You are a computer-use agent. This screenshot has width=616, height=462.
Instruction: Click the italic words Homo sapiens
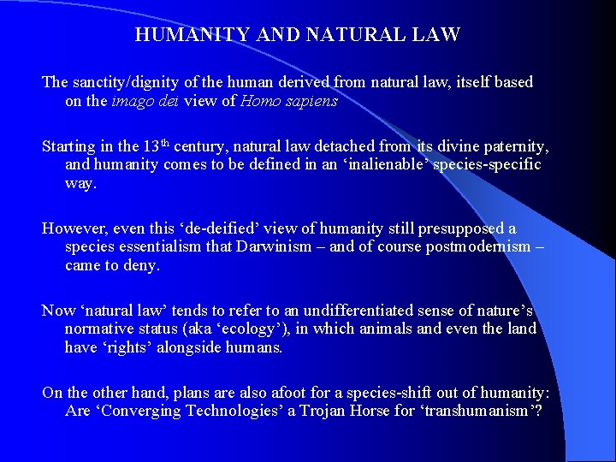coord(289,101)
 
